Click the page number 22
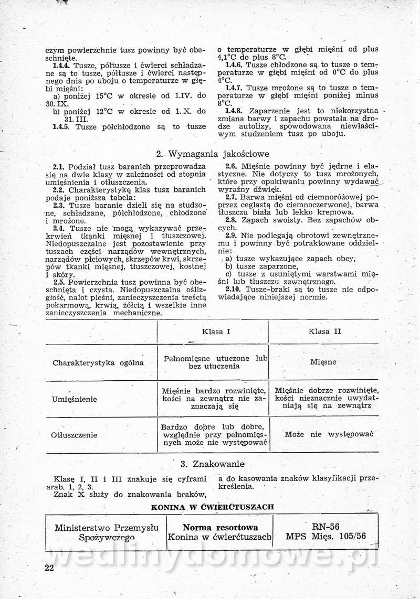[49, 568]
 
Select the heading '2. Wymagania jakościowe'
[213, 154]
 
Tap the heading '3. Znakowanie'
[213, 464]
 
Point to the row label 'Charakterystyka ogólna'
[91, 362]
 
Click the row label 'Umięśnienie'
[74, 399]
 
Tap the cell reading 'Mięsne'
[323, 362]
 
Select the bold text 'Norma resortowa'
[220, 527]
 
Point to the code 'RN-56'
[325, 527]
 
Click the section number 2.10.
[234, 289]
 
